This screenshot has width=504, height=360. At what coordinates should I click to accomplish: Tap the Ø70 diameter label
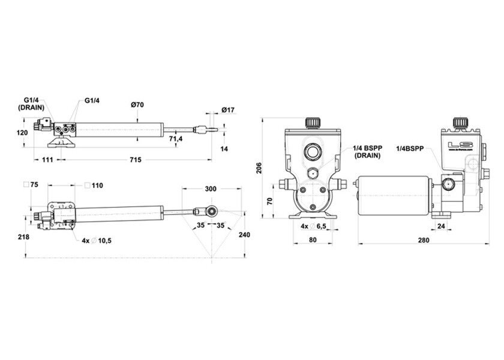click(x=138, y=105)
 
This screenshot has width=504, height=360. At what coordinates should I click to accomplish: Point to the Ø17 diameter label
click(x=227, y=110)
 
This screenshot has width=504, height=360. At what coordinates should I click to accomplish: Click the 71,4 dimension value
click(x=176, y=139)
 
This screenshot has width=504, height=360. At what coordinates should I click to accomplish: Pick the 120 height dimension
click(x=22, y=133)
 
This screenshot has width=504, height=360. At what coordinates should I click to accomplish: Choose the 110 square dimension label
click(x=97, y=185)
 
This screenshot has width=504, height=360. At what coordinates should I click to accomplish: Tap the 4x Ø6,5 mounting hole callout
click(x=314, y=226)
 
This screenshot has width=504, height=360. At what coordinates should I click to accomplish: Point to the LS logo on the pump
click(x=461, y=145)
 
